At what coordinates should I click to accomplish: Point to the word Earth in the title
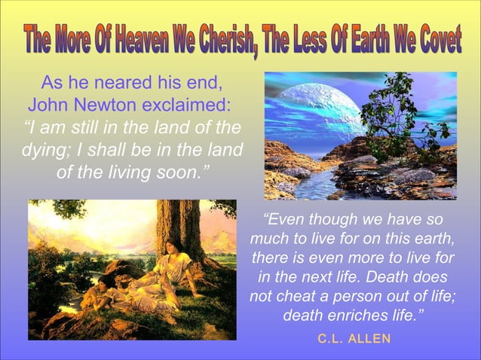pos(363,38)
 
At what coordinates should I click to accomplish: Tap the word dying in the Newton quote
pos(47,150)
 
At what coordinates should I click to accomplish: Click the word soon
pos(183,172)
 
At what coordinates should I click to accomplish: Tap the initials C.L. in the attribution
pos(331,339)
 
